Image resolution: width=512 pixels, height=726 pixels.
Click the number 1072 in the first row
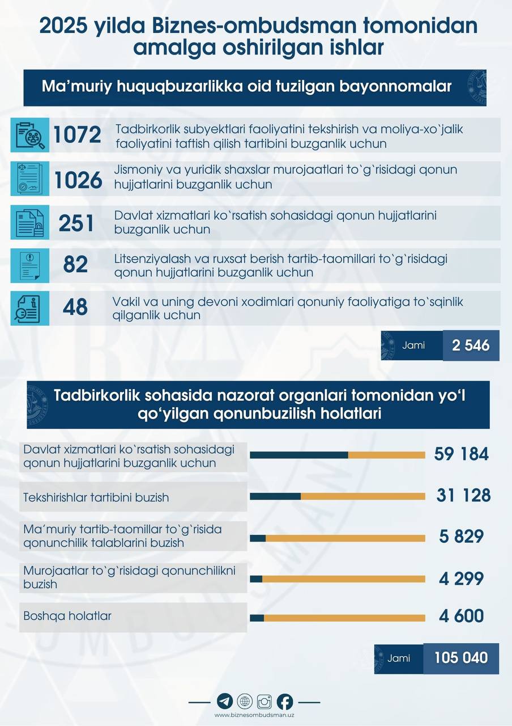[x=77, y=135]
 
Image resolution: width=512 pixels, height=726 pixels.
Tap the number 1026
[x=78, y=180]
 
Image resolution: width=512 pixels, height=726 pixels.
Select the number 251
[x=76, y=223]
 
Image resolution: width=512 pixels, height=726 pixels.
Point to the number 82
[x=76, y=265]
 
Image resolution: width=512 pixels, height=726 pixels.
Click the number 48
[x=76, y=307]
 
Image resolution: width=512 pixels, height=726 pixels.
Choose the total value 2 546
[x=471, y=345]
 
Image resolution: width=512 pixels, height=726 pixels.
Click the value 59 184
[x=461, y=454]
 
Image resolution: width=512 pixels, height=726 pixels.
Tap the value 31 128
[x=463, y=496]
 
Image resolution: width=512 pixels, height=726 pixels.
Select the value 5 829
[x=461, y=537]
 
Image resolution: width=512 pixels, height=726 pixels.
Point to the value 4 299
[x=461, y=579]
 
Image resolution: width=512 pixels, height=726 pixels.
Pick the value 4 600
[x=461, y=617]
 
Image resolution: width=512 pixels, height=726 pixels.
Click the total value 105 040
[x=461, y=658]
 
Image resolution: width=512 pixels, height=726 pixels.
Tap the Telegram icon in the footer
[x=224, y=702]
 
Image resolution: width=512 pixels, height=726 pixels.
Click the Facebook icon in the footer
[x=285, y=702]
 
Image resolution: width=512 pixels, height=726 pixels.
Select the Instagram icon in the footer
[x=264, y=702]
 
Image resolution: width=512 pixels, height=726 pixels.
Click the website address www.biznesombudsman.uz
[x=254, y=715]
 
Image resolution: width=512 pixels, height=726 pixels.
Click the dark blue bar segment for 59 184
[x=298, y=455]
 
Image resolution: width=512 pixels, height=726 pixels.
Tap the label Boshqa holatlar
[x=67, y=615]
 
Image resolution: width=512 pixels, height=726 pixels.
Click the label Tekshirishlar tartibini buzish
[x=96, y=497]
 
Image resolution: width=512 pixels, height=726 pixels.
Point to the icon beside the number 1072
[x=30, y=135]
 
